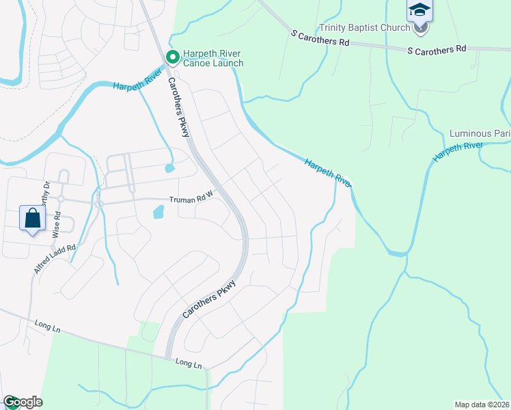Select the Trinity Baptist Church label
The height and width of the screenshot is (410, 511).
(x=364, y=29)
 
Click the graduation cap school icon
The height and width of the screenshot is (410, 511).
(x=419, y=12)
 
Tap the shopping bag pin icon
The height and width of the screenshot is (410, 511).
(x=32, y=219)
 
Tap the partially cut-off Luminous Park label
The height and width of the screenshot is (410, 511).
(x=480, y=133)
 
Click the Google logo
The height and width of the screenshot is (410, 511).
(x=23, y=402)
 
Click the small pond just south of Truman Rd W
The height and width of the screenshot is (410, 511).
(x=158, y=213)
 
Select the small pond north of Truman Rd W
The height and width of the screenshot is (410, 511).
(x=169, y=167)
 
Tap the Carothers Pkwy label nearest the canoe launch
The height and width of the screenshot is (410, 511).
(x=178, y=107)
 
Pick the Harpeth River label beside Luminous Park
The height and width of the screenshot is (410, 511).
(x=458, y=152)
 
